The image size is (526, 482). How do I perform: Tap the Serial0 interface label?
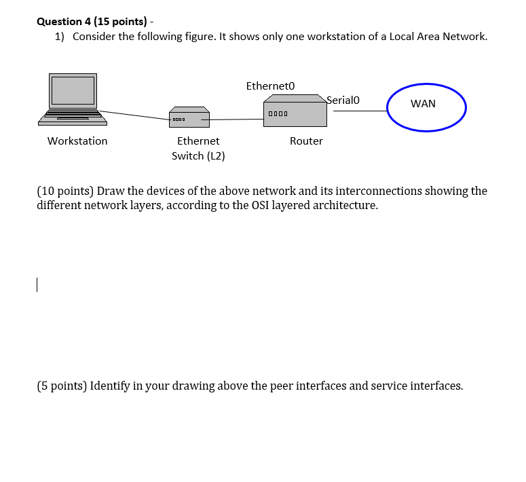click(343, 100)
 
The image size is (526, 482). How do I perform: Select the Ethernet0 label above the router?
click(271, 86)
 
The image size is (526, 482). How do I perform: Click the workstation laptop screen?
click(73, 91)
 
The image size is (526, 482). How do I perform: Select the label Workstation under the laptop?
click(77, 141)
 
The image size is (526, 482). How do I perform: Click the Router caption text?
click(306, 141)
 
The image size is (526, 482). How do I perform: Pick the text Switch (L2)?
click(198, 156)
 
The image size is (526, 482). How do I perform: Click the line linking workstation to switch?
click(136, 115)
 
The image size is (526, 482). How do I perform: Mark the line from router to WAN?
click(360, 111)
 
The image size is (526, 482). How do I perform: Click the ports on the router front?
click(278, 113)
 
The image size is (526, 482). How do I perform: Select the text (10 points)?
click(65, 191)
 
